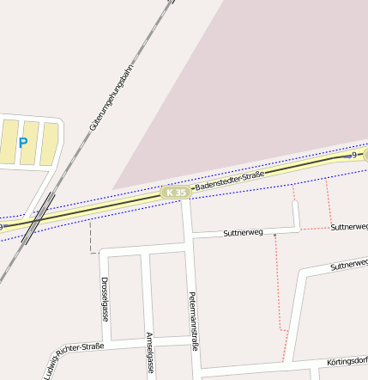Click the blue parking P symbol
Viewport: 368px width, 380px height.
23,144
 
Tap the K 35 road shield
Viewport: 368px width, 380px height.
176,193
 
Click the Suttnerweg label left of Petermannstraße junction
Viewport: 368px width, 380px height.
243,233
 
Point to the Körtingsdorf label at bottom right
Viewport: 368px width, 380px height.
347,362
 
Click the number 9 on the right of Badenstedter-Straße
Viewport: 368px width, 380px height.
353,156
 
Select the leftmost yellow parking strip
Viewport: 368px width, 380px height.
9,142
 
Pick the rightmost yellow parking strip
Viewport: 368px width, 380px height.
50,144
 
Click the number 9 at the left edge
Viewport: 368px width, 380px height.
3,227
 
